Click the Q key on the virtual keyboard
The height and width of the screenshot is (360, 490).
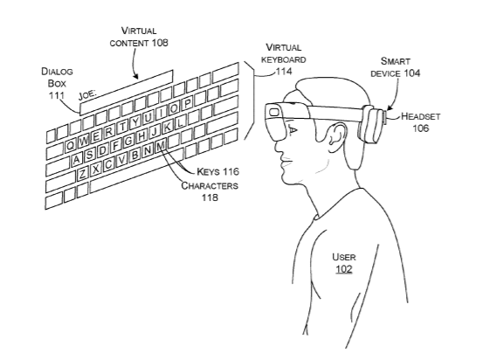tap(71, 145)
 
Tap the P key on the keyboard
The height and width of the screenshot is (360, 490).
tap(187, 103)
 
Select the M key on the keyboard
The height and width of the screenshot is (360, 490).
tap(161, 146)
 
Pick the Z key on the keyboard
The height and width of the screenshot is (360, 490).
tap(83, 173)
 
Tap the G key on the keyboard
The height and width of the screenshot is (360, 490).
tap(128, 141)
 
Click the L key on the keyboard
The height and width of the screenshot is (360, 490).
tap(180, 121)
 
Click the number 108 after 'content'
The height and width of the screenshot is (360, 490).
tap(160, 42)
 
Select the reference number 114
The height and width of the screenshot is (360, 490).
tap(284, 72)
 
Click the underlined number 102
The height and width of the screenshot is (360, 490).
tap(344, 269)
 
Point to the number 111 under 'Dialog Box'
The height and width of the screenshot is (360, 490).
tap(57, 95)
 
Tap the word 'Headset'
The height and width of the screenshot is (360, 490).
tap(420, 116)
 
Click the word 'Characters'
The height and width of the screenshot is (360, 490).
tap(210, 185)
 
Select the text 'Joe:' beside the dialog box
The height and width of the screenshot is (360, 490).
tap(87, 94)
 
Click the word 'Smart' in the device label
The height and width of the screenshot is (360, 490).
tap(396, 61)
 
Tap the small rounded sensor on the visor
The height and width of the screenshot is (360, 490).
tap(274, 112)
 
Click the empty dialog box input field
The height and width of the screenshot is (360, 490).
tap(126, 93)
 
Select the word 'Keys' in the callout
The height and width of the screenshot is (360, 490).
tap(208, 171)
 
